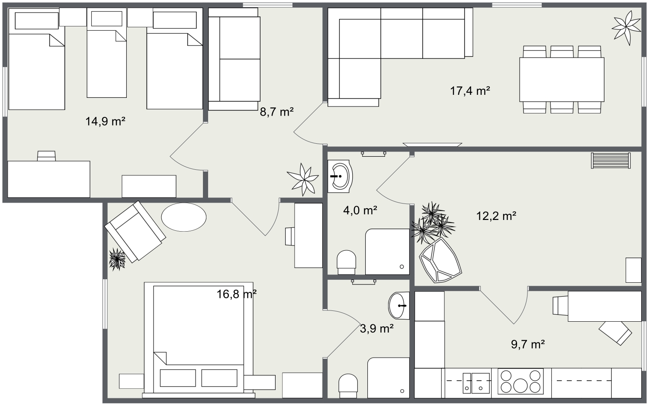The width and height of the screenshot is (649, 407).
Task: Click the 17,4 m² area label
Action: pos(470,91)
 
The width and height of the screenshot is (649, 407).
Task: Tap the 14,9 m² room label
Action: pos(105,121)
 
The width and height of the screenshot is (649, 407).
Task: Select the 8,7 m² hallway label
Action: pos(276,112)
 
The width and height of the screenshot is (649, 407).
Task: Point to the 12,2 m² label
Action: pos(496,216)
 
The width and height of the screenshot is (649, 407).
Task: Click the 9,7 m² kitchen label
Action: pos(527,344)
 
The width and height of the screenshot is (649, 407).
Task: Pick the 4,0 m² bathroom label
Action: pos(360,210)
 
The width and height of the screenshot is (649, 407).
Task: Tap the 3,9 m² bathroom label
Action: pos(376,329)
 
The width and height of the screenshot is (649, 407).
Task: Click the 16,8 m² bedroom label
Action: pos(237,294)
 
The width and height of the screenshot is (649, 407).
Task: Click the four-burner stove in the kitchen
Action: pos(520,381)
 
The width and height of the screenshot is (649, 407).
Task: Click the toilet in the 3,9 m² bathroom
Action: pos(348,385)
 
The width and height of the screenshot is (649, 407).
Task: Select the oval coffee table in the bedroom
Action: pos(183,217)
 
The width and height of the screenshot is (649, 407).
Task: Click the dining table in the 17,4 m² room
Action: pos(562,79)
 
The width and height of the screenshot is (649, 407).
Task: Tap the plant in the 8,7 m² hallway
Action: pos(303,178)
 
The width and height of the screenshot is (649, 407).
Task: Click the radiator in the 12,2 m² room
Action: pos(610,161)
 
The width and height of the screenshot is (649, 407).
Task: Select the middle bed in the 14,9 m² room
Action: pos(107,54)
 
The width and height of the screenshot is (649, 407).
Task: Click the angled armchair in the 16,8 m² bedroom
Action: pos(135,231)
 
